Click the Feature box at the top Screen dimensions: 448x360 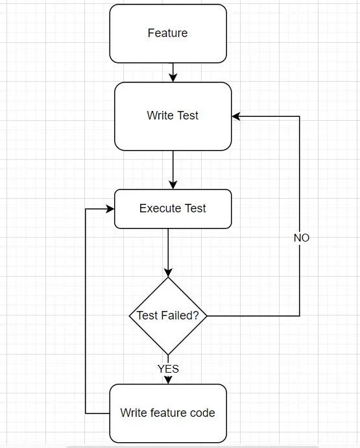pos(168,33)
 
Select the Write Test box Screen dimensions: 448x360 pos(173,116)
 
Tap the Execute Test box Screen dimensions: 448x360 pos(173,208)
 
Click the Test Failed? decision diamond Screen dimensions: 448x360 pos(168,316)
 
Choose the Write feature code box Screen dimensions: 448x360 pos(168,413)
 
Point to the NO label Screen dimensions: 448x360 pos(301,238)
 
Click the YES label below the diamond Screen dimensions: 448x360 pos(168,369)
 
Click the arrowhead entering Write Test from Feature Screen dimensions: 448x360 pos(173,77)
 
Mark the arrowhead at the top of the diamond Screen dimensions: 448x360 pos(168,273)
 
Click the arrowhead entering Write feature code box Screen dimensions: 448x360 pos(168,380)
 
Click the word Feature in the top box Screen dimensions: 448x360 pos(168,33)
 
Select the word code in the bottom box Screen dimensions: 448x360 pos(202,413)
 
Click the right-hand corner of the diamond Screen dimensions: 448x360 pos(207,316)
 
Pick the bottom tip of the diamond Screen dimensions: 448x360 pos(168,355)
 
